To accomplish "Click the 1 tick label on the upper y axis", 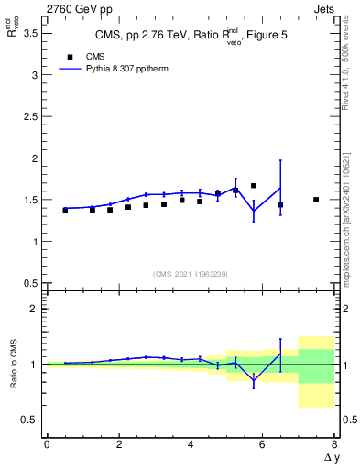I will (34, 242).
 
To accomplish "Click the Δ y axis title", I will (331, 457).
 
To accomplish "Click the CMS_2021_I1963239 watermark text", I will (190, 273).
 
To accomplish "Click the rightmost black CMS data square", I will (316, 200).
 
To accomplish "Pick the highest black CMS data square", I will (254, 186).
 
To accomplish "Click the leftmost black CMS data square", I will (65, 210).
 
